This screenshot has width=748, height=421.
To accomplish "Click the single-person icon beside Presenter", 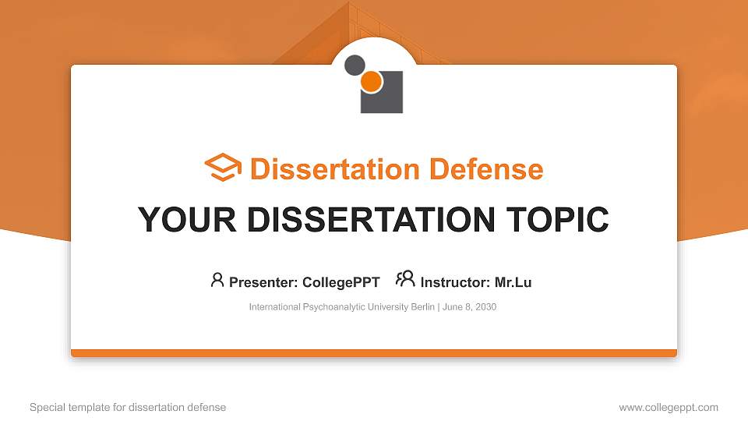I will (x=217, y=280).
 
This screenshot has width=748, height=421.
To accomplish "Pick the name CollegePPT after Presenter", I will (x=341, y=282).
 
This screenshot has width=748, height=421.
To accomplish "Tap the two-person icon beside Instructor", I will (x=405, y=279).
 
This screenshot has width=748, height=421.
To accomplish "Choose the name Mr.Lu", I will (x=513, y=282).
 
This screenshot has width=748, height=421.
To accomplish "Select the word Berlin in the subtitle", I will (x=422, y=307).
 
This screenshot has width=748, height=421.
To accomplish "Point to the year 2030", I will (x=485, y=307).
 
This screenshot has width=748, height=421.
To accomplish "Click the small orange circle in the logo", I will (x=372, y=81).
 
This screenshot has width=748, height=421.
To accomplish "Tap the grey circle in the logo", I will (x=355, y=65).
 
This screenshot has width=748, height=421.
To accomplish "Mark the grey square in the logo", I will (x=386, y=97).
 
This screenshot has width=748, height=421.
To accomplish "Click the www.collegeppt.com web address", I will (x=669, y=407).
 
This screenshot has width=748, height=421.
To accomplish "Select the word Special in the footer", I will (x=47, y=407).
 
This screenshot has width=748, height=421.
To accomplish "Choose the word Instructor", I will (x=454, y=282).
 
